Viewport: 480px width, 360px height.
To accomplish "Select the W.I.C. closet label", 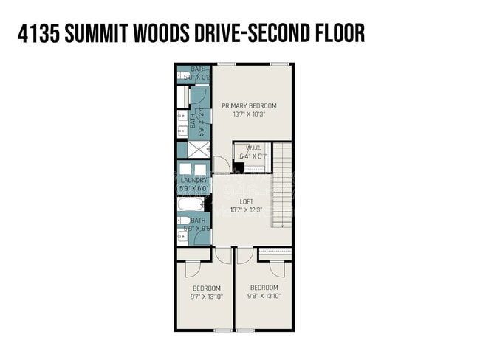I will coord(254,148).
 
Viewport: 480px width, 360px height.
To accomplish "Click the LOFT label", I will coord(247,201).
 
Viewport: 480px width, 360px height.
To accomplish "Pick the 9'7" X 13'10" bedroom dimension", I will coord(206,297).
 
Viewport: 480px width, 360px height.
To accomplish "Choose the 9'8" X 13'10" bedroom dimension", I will coord(264,297).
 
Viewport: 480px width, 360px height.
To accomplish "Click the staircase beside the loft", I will coord(284,184).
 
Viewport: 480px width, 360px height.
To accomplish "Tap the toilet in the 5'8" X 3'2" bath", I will coord(185,75).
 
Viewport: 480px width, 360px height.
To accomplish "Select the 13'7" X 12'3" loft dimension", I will coord(247,210).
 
